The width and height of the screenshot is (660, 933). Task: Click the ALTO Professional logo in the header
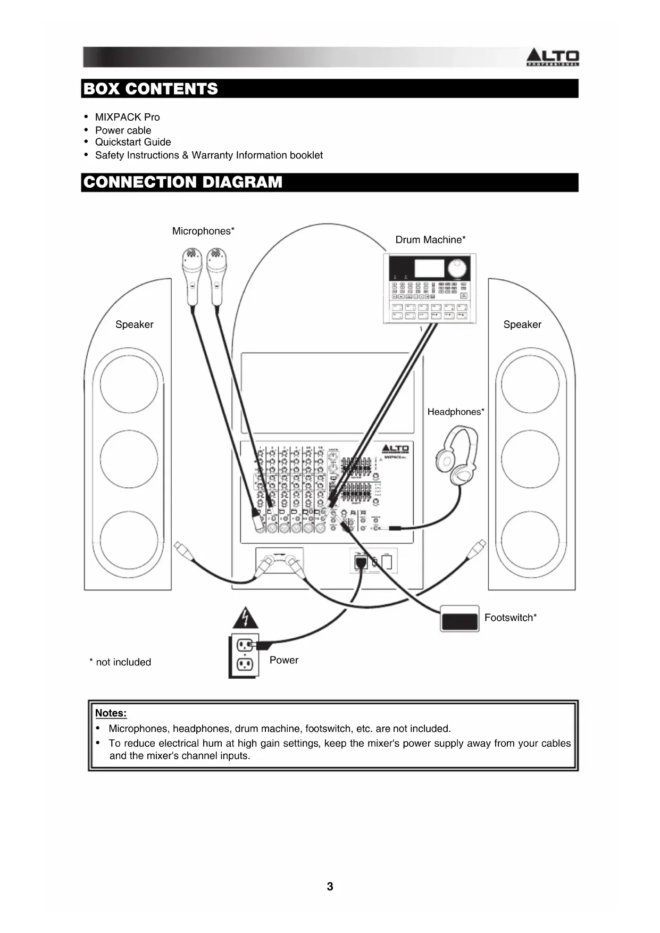[552, 57]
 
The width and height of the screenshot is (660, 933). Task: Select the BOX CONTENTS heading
[151, 89]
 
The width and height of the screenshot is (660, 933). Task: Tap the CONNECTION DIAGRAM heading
[183, 182]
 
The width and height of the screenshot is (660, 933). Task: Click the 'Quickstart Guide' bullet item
[133, 142]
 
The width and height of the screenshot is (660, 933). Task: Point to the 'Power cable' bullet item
[123, 130]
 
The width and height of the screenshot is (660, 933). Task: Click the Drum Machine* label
[430, 240]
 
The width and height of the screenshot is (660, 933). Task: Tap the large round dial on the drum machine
[457, 268]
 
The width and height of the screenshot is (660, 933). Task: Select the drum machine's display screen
[429, 269]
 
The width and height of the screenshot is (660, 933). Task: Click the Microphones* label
[203, 231]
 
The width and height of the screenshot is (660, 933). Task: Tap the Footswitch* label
[510, 618]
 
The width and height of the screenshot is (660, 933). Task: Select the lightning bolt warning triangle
[245, 619]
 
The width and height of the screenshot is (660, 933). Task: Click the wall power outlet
[245, 655]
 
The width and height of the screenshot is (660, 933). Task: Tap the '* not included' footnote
[120, 662]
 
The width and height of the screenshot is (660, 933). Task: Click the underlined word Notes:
[111, 713]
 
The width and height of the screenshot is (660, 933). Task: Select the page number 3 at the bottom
[330, 886]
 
